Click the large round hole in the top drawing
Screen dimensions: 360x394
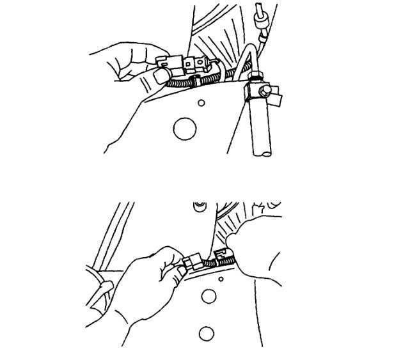tap(184, 127)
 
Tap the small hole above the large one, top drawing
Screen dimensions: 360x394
tap(201, 102)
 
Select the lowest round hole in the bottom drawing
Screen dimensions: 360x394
tap(206, 333)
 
